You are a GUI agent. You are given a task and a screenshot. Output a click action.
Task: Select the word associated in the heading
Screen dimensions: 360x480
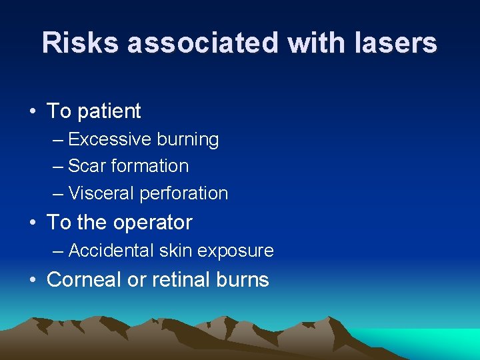[x=204, y=43]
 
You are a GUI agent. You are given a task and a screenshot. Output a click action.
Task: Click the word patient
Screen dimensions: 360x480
[x=109, y=111]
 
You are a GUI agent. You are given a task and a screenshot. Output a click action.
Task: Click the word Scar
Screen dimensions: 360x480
[x=84, y=166]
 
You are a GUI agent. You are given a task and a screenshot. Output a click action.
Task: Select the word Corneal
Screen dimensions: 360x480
[x=86, y=279]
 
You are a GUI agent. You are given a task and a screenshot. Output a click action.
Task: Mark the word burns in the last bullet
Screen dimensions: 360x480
[x=243, y=279]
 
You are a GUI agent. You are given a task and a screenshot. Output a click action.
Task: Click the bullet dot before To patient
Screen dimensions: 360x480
[x=33, y=111]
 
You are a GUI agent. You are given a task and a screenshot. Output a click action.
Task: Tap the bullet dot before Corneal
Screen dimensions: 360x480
[x=33, y=279]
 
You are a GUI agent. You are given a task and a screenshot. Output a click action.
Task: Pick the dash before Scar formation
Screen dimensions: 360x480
[x=58, y=167]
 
